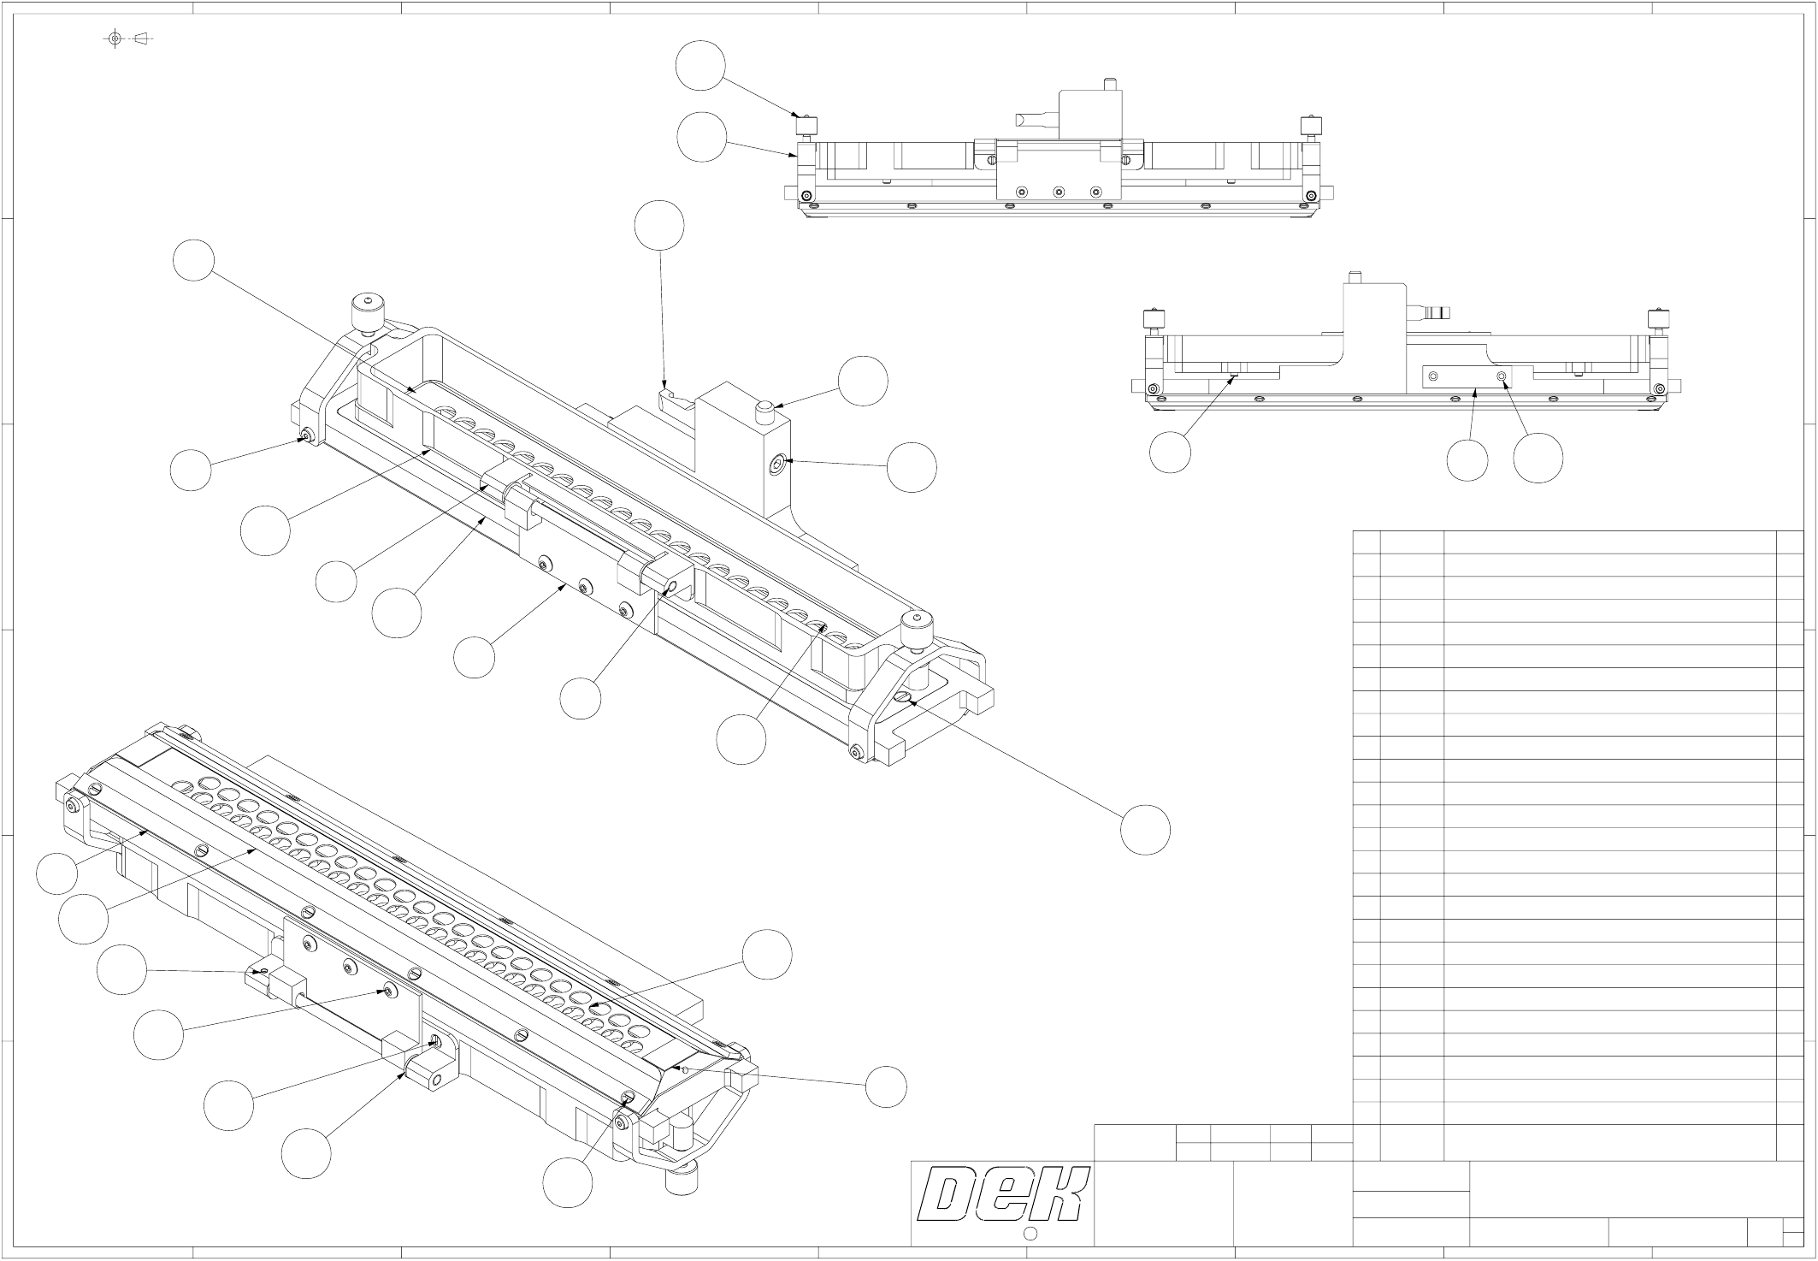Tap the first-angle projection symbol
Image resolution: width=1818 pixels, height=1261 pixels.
pos(128,38)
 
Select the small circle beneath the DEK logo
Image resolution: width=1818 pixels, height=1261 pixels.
pos(1030,1234)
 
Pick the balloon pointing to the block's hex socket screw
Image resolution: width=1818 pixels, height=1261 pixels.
pos(912,467)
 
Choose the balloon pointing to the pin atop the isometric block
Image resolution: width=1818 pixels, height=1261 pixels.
pos(863,382)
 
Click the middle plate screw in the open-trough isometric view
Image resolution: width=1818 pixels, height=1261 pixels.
pos(586,586)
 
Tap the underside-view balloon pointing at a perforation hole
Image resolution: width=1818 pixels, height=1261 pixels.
pos(767,954)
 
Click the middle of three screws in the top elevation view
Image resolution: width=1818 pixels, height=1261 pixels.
pos(1058,192)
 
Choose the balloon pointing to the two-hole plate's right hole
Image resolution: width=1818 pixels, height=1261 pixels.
pos(1538,459)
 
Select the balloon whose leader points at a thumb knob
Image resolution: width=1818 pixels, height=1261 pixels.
pos(700,66)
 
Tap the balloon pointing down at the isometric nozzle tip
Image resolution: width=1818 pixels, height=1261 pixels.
pos(659,226)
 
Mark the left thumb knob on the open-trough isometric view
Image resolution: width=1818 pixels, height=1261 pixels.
pos(366,313)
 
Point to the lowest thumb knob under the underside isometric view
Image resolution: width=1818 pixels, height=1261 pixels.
pos(682,1184)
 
